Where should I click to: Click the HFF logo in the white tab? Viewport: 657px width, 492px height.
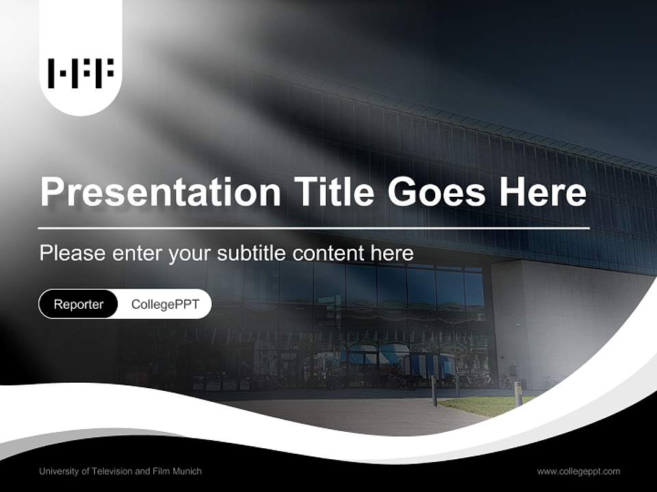[x=81, y=73]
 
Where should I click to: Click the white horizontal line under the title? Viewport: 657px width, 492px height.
[x=314, y=228]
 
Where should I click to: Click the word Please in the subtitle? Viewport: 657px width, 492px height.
[x=72, y=254]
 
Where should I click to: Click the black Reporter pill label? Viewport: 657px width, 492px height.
[x=79, y=304]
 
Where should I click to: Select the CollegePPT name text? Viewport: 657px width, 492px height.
[x=165, y=304]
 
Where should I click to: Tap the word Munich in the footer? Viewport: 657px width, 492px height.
[x=187, y=471]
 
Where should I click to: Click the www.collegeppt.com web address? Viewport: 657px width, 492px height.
[x=578, y=471]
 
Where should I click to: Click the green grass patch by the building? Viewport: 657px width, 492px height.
[x=479, y=405]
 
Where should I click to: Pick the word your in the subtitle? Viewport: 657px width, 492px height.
[x=192, y=254]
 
